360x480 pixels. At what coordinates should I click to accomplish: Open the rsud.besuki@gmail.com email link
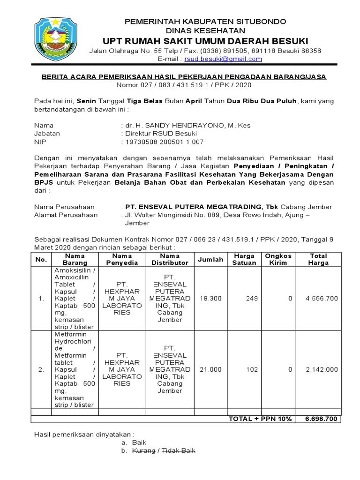(x=223, y=59)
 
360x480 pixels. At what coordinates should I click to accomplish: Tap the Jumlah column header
(x=210, y=259)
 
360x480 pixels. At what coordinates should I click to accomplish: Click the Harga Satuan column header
(x=244, y=259)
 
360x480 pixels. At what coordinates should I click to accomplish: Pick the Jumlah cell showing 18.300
(x=210, y=299)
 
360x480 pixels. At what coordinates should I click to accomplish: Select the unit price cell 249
(x=252, y=299)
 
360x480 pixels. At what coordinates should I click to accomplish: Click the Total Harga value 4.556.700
(x=322, y=299)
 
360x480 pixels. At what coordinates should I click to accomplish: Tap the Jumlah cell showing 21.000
(x=210, y=369)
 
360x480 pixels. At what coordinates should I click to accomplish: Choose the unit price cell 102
(x=252, y=369)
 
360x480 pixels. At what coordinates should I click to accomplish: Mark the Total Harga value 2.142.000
(x=322, y=369)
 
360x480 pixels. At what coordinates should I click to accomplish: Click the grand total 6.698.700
(x=321, y=419)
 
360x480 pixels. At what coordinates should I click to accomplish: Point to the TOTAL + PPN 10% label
(x=260, y=419)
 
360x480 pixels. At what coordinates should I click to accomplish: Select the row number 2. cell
(x=41, y=369)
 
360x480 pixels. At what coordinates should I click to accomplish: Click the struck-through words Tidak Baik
(x=179, y=450)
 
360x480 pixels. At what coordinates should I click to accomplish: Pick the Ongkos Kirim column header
(x=278, y=259)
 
